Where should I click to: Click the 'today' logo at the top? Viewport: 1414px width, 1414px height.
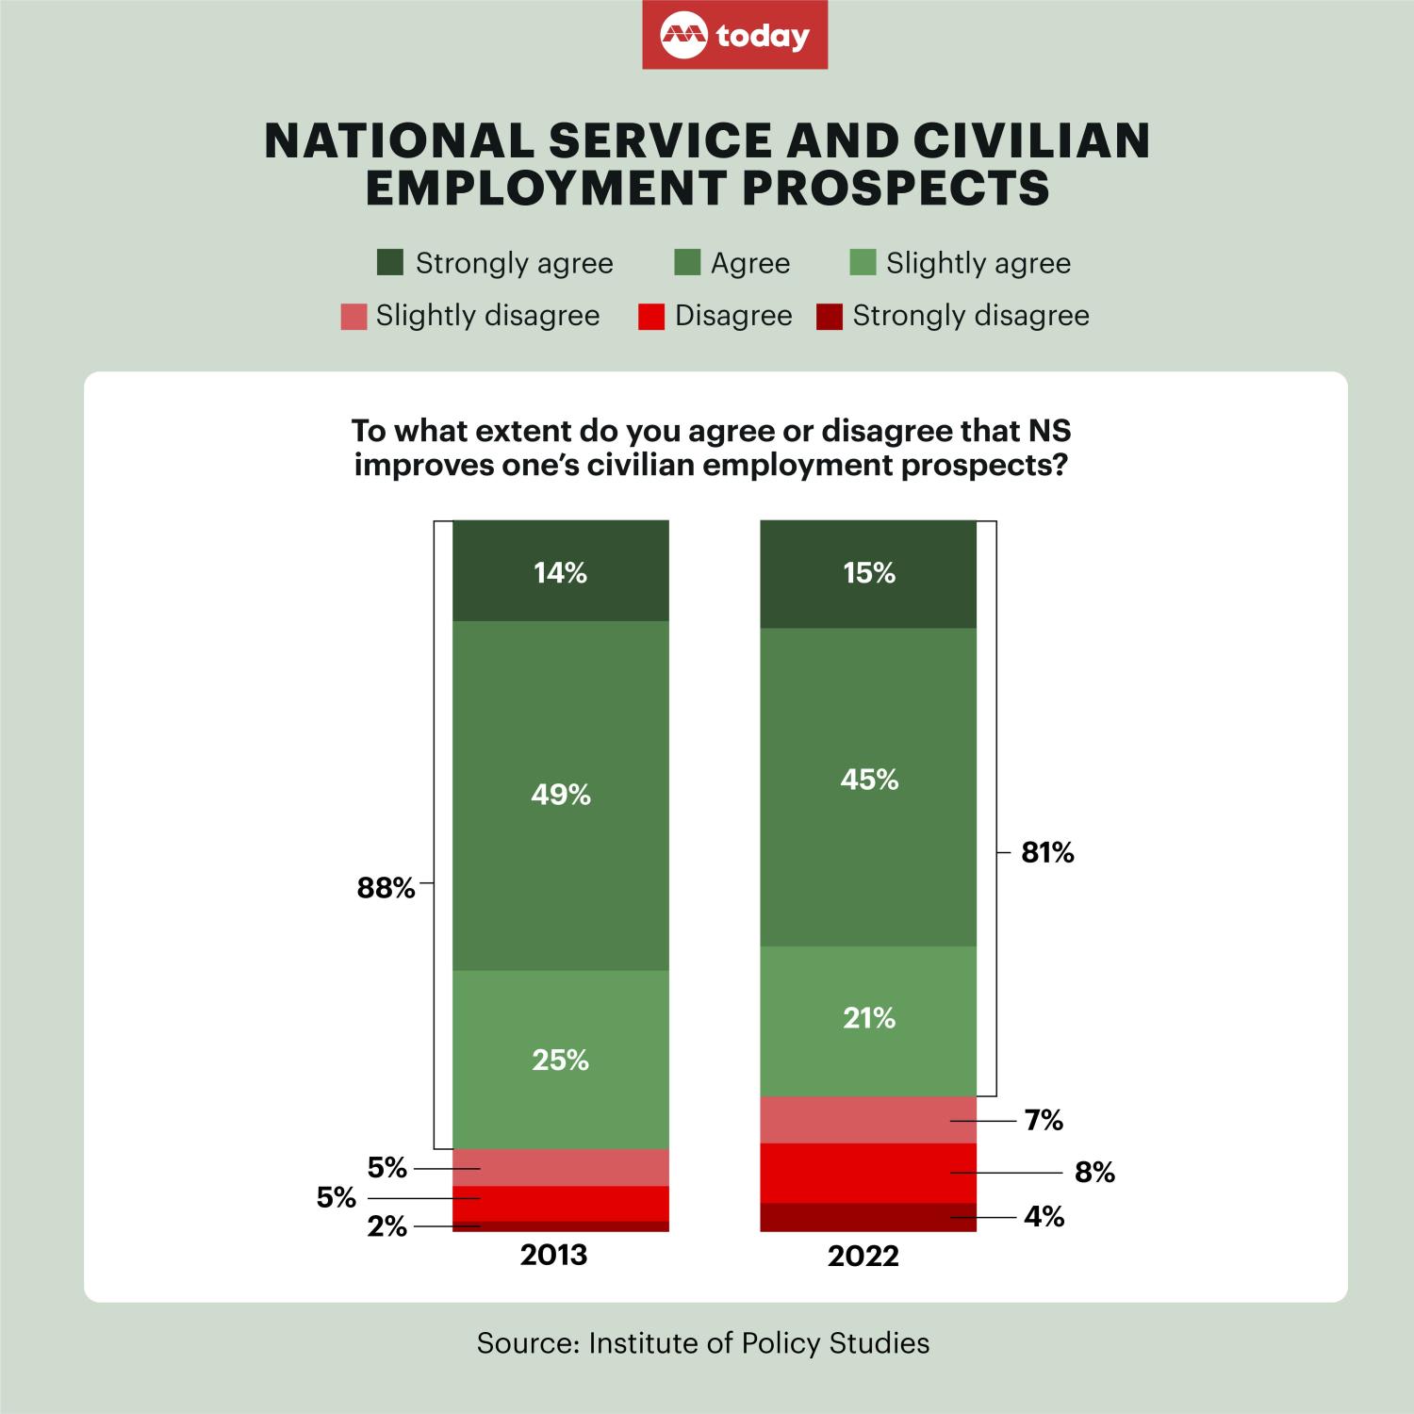click(x=735, y=36)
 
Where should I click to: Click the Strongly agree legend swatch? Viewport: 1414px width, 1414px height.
click(x=389, y=263)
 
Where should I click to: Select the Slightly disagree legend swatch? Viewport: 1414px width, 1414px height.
click(x=353, y=317)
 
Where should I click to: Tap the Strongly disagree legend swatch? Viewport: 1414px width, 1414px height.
click(x=830, y=317)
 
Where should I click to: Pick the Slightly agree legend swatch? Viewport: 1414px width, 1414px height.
click(x=863, y=263)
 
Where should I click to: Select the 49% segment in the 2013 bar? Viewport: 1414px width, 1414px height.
click(x=561, y=795)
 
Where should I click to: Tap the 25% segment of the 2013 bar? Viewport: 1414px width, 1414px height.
click(x=561, y=1060)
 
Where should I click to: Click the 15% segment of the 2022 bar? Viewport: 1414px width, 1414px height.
click(x=869, y=573)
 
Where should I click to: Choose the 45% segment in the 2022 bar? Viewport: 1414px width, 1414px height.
click(x=869, y=780)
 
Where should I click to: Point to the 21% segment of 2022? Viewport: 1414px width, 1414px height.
click(x=869, y=1018)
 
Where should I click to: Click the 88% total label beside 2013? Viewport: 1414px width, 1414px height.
click(x=386, y=888)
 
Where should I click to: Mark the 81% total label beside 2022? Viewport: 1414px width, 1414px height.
click(x=1048, y=853)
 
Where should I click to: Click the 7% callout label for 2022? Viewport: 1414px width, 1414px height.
click(x=1044, y=1120)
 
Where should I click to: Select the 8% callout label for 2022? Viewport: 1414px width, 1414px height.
click(x=1094, y=1172)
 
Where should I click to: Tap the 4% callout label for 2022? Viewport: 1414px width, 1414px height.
click(x=1044, y=1217)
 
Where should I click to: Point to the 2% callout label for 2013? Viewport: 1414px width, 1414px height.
click(x=387, y=1226)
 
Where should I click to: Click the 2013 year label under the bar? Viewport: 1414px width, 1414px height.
click(x=554, y=1256)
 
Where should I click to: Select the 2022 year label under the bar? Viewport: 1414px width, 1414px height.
click(x=863, y=1257)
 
